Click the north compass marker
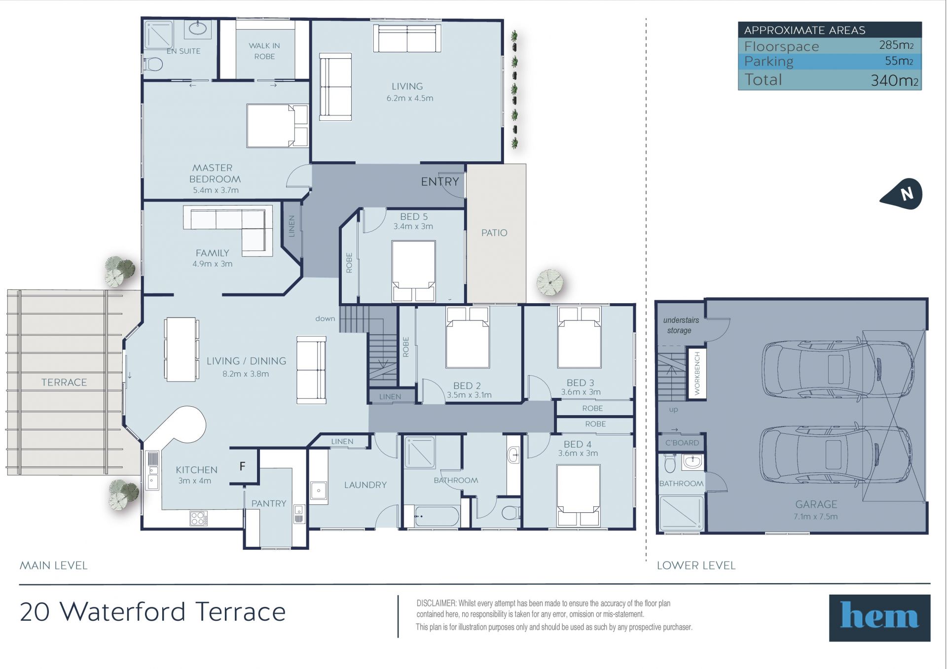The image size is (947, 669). [x=902, y=194]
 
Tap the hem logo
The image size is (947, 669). [x=879, y=617]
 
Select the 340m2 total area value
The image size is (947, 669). [x=894, y=80]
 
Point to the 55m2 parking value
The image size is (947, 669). [x=899, y=61]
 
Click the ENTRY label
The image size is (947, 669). [x=440, y=182]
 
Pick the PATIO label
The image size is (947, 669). [x=494, y=233]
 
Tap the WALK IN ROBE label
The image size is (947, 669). [x=264, y=51]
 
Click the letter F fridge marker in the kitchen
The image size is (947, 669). [x=242, y=466]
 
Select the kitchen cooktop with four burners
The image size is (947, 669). [x=198, y=518]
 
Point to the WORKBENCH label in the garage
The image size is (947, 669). [x=697, y=373]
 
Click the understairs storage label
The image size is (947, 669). [x=681, y=325]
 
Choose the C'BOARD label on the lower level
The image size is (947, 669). [x=682, y=443]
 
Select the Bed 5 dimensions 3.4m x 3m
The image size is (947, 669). [x=413, y=227]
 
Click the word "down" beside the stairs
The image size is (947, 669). [x=325, y=318]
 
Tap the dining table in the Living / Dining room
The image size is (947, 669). [x=181, y=349]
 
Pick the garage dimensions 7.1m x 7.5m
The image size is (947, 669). [x=815, y=517]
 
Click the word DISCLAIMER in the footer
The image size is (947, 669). [x=437, y=603]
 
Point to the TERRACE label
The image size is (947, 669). [x=64, y=383]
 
